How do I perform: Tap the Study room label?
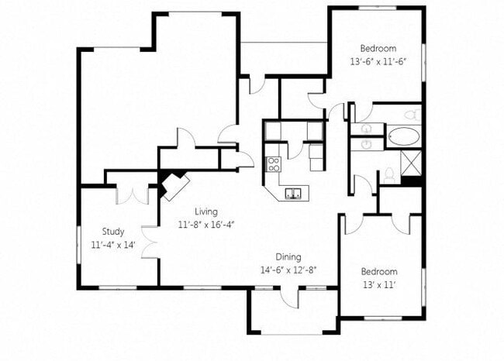(113, 231)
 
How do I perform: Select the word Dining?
(288, 257)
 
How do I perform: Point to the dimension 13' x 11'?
(379, 285)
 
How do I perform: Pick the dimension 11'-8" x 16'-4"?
(206, 225)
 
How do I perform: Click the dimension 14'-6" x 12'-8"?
(288, 270)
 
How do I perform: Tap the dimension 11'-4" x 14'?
(113, 244)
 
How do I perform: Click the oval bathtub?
(402, 139)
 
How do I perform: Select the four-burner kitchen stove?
(273, 163)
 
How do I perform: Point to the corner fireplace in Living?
(174, 185)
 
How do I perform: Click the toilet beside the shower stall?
(389, 176)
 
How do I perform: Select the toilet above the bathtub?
(412, 115)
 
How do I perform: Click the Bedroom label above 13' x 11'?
(379, 272)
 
